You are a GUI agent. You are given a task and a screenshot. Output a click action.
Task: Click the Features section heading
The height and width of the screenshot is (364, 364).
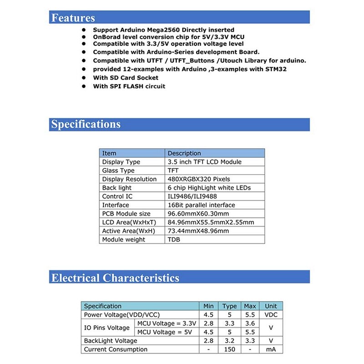pyautogui.click(x=73, y=18)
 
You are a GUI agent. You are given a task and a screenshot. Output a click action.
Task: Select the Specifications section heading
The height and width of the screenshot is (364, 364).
pyautogui.click(x=86, y=124)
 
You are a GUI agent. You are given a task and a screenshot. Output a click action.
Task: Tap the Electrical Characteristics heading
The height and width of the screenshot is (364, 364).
pyautogui.click(x=115, y=278)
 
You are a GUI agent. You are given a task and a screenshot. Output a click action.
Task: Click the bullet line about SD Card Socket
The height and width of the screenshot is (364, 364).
pyautogui.click(x=126, y=78)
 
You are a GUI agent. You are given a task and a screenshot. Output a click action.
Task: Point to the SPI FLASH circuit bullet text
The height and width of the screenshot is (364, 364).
pyautogui.click(x=129, y=86)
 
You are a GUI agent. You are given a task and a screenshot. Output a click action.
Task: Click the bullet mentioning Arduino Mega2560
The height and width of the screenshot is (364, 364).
pyautogui.click(x=164, y=30)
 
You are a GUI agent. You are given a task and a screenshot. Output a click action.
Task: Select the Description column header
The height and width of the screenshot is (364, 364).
pyautogui.click(x=184, y=153)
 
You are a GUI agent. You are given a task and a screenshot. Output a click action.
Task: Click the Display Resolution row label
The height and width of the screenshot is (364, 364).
pyautogui.click(x=129, y=179)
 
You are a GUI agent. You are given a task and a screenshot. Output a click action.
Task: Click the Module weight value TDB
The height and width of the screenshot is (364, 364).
pyautogui.click(x=174, y=239)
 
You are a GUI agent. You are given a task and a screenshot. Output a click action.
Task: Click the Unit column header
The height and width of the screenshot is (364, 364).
pyautogui.click(x=271, y=306)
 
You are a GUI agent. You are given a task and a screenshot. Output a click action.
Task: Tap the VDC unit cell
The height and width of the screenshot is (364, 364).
pyautogui.click(x=271, y=315)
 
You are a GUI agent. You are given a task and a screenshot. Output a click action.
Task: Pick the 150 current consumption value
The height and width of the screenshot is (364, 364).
pyautogui.click(x=230, y=349)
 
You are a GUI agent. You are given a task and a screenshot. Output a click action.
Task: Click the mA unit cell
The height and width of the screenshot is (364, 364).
pyautogui.click(x=271, y=349)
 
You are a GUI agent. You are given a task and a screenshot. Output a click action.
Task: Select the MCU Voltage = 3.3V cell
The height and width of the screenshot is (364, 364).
pyautogui.click(x=166, y=324)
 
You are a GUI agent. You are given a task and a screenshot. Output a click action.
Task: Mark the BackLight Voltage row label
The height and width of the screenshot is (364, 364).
pyautogui.click(x=111, y=341)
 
